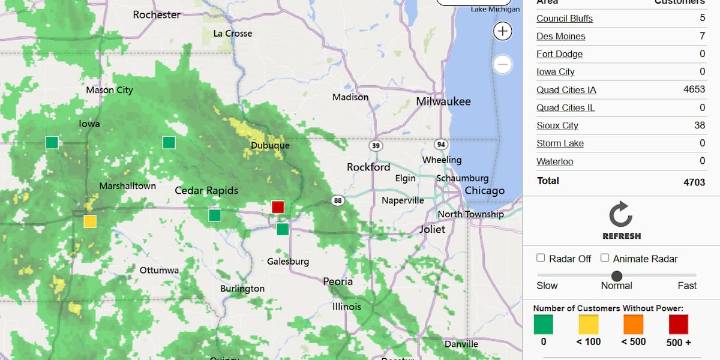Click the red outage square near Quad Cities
pos(278,207)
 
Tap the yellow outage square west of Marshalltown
pos(90,221)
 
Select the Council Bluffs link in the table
pos(565,18)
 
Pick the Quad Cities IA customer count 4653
pos(694,90)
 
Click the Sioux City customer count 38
pos(700,126)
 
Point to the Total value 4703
pos(694,182)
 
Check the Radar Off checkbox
pos(541,258)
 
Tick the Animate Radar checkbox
pos(605,258)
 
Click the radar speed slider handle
pos(617,276)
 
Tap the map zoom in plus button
pos(503,31)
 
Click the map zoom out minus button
pos(503,65)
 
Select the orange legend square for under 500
pos(633,324)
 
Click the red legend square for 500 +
pos(678,324)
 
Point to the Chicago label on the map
pos(484,191)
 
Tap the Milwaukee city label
pos(443,102)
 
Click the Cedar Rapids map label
pos(206,191)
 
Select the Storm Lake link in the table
pos(560,144)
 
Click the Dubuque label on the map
pos(270,145)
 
